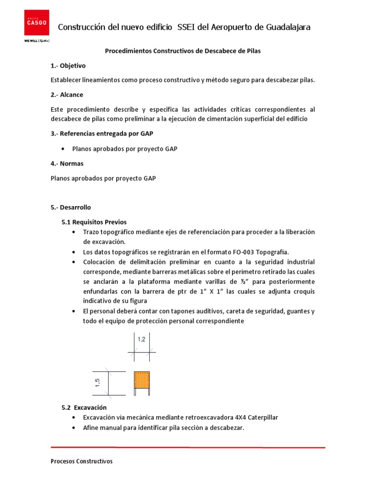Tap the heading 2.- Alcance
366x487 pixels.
pyautogui.click(x=67, y=95)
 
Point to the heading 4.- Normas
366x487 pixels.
pyautogui.click(x=67, y=164)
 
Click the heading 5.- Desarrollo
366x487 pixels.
pyautogui.click(x=71, y=207)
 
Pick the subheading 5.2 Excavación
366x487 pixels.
pyautogui.click(x=84, y=408)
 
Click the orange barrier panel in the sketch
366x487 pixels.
pyautogui.click(x=142, y=380)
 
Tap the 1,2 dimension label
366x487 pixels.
pyautogui.click(x=142, y=340)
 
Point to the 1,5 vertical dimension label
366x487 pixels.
pyautogui.click(x=98, y=383)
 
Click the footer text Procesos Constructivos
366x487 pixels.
pyautogui.click(x=81, y=461)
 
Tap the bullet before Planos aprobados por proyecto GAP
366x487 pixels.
pyautogui.click(x=63, y=149)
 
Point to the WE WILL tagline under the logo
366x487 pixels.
pyautogui.click(x=37, y=41)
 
